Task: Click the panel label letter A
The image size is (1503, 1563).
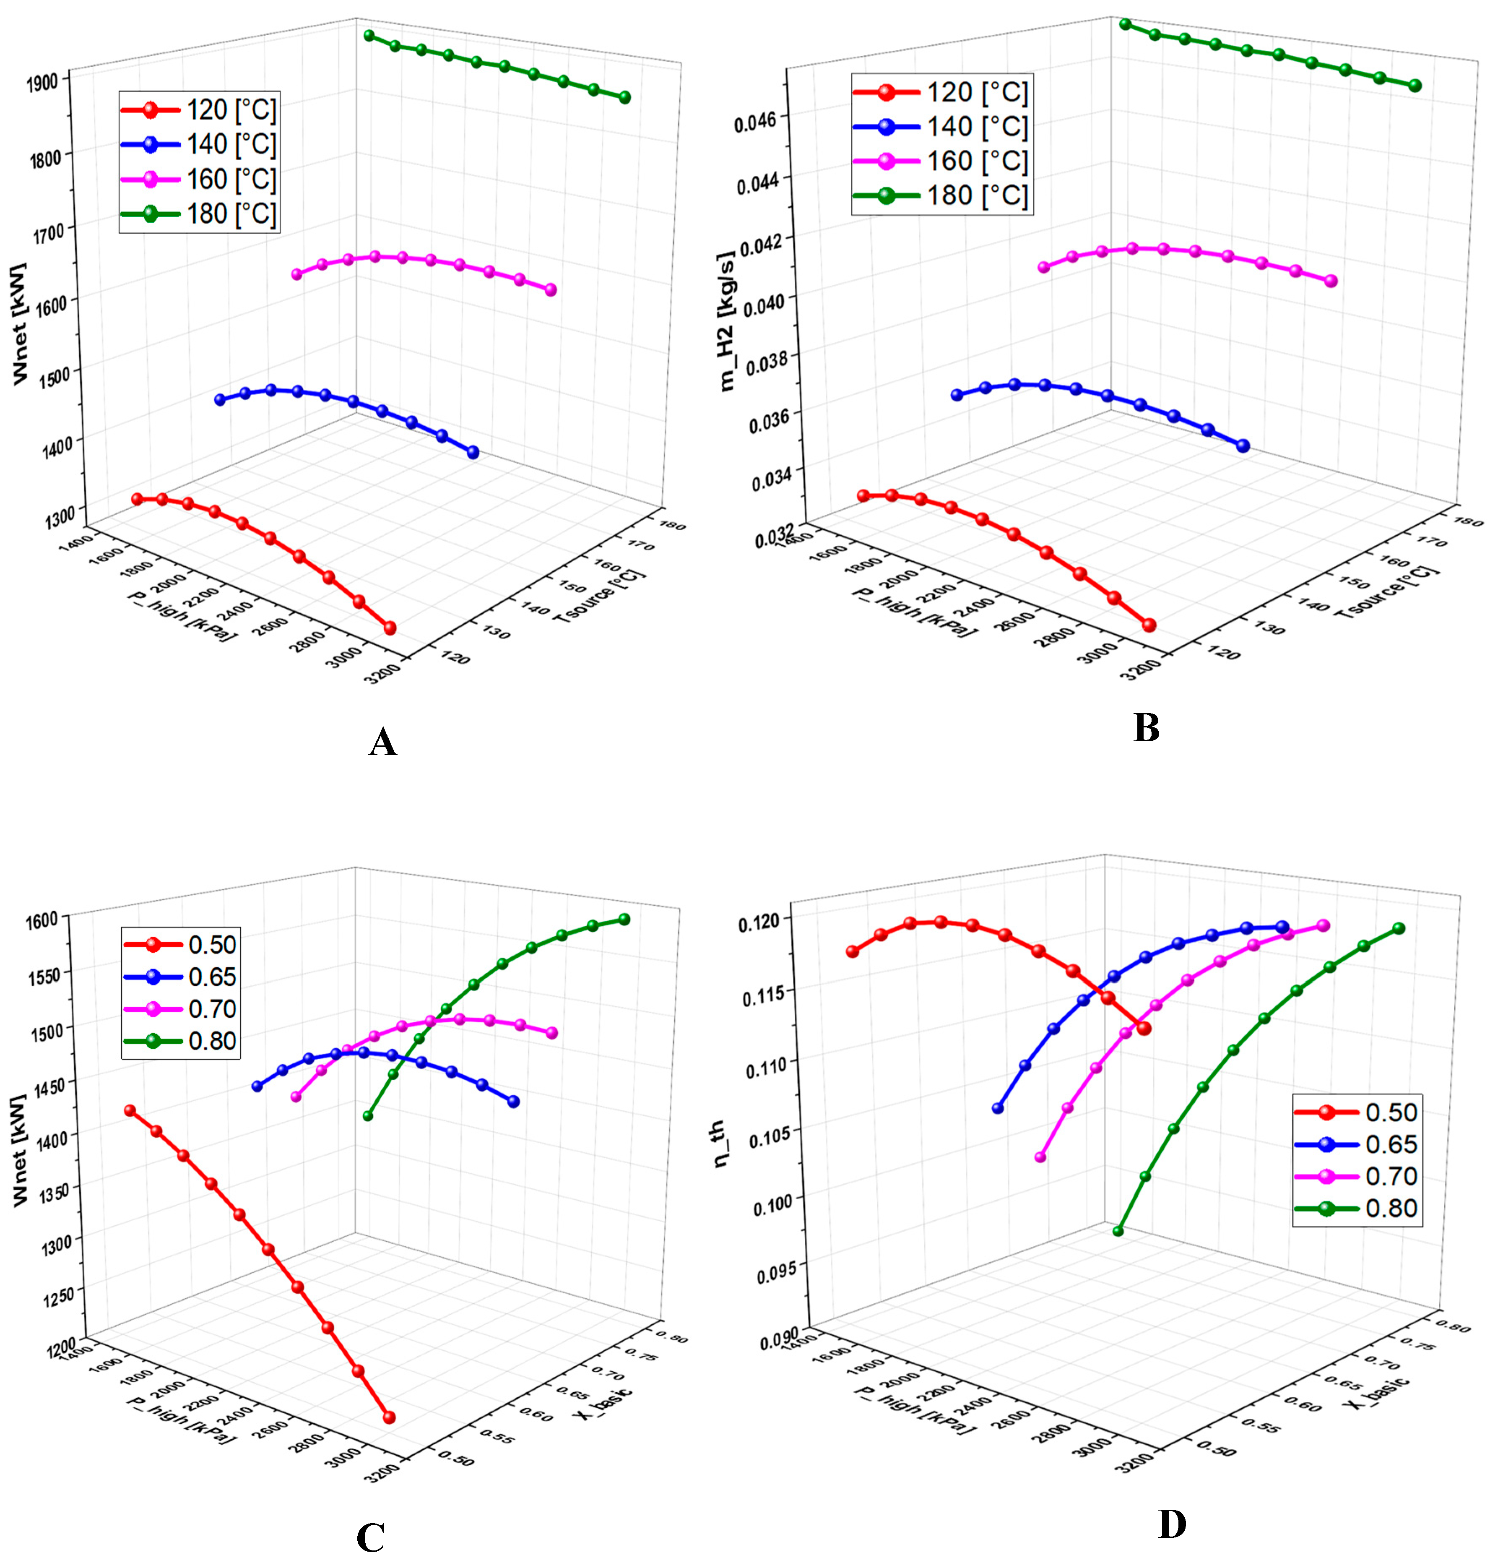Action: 383,743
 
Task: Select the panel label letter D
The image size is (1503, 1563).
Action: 1171,1525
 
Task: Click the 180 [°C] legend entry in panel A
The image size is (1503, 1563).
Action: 231,214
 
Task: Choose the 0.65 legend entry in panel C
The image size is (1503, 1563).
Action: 212,977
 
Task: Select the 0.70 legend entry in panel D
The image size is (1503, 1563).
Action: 1391,1176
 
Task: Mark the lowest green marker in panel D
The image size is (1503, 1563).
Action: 1118,1231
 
